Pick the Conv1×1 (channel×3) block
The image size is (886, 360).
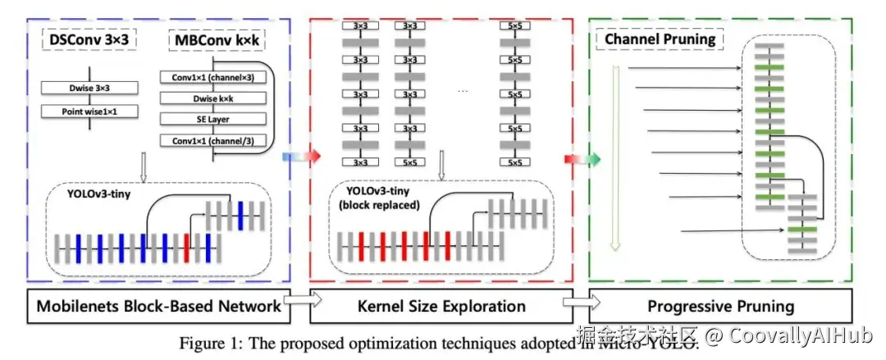click(213, 78)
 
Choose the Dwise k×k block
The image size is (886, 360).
click(213, 98)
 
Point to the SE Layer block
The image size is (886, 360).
click(213, 120)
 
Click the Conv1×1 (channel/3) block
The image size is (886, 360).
click(213, 140)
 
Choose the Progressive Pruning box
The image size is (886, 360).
click(720, 307)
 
